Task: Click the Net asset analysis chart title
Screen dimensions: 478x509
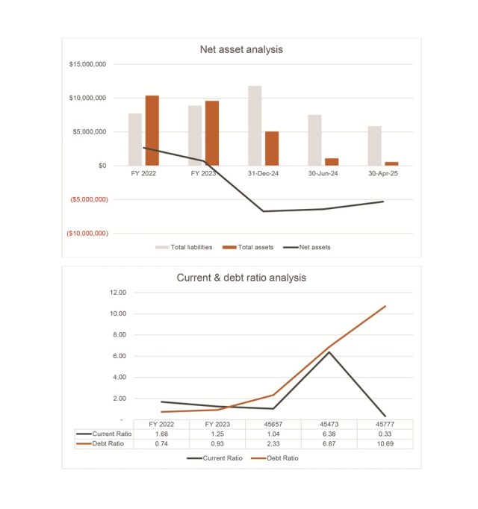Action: click(241, 50)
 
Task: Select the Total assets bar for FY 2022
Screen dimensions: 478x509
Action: click(152, 131)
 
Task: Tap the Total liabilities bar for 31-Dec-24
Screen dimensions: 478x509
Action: click(255, 125)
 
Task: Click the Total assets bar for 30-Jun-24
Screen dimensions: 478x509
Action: click(332, 162)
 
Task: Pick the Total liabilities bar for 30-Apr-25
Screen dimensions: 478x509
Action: click(375, 146)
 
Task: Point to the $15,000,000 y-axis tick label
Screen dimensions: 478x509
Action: click(87, 64)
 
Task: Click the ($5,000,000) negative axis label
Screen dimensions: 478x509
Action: click(89, 199)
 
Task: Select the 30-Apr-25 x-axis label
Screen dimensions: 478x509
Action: click(383, 173)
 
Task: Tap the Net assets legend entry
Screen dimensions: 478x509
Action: click(307, 247)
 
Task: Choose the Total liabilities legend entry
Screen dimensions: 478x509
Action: click(184, 247)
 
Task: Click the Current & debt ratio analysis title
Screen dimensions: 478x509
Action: click(241, 278)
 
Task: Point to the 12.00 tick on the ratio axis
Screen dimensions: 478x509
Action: click(118, 293)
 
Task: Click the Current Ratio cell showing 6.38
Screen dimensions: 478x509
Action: click(329, 434)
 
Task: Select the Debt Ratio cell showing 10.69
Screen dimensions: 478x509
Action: click(385, 444)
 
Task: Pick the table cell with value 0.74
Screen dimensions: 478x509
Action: click(161, 444)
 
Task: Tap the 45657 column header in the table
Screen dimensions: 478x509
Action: click(273, 424)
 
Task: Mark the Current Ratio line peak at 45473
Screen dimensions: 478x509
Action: click(329, 352)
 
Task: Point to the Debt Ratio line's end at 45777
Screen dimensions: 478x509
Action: click(385, 306)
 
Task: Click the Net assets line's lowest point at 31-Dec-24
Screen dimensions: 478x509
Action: click(263, 211)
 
